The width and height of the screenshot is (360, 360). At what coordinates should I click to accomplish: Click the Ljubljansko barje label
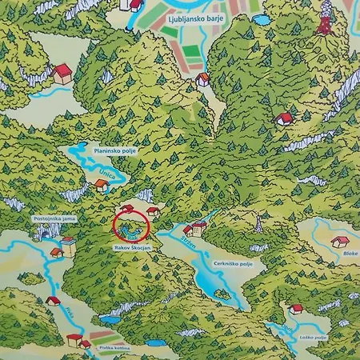tap(190, 15)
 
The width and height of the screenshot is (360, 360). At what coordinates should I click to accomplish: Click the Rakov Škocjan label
tap(133, 249)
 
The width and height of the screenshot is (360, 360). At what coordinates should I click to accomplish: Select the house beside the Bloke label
tap(340, 242)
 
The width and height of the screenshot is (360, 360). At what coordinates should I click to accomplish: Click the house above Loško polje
tap(295, 309)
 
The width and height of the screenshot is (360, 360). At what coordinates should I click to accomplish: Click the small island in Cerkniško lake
tap(222, 294)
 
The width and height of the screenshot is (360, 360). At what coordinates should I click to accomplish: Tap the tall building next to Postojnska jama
tap(69, 245)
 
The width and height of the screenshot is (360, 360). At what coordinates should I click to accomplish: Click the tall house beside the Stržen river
tap(200, 228)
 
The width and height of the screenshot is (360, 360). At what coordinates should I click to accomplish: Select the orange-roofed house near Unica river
tap(101, 186)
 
